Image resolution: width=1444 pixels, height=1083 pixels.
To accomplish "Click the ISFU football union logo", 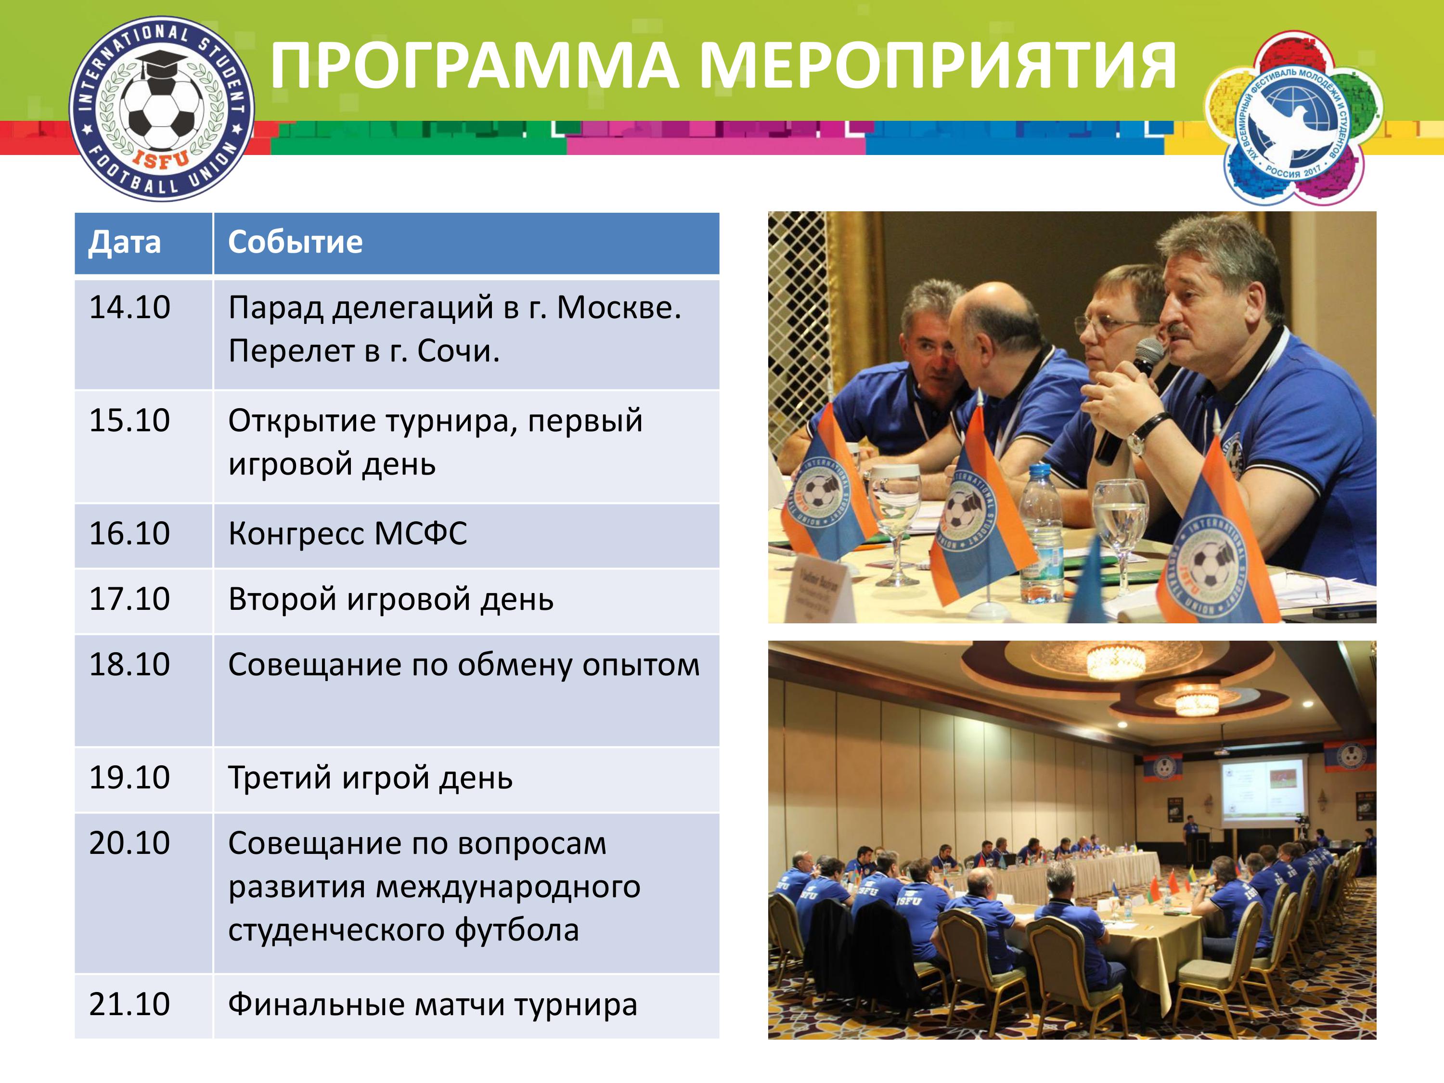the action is tap(161, 108).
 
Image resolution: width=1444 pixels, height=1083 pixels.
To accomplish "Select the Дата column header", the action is tap(125, 242).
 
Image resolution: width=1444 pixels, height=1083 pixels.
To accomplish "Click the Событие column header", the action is tap(295, 242).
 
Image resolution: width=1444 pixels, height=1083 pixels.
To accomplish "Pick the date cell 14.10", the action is tap(129, 308).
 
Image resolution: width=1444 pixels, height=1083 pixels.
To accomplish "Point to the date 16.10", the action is tap(129, 533).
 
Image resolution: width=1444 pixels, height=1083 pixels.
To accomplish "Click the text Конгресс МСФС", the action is tap(348, 534).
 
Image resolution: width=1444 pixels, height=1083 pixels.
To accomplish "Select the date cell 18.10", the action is tap(129, 665).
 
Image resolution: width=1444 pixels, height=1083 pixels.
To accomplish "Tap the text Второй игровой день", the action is tap(390, 599).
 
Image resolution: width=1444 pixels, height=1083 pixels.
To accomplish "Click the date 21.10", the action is tap(129, 1004).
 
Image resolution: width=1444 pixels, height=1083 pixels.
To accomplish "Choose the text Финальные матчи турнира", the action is tap(432, 1005).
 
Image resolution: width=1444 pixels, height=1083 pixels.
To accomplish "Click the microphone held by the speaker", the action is tap(1129, 401).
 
